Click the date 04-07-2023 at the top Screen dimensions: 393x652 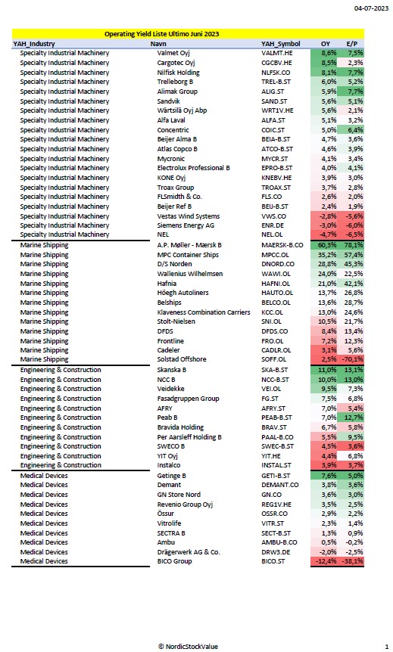point(371,8)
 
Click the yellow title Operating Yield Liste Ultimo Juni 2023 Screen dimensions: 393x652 point(161,34)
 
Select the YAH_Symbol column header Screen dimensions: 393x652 point(281,44)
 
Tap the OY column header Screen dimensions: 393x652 point(326,44)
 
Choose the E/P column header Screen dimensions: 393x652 point(352,44)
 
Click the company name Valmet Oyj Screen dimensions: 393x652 point(173,53)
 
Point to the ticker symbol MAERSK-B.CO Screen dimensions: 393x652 point(282,245)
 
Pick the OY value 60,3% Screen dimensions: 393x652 point(327,245)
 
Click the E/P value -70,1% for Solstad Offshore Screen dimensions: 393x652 point(353,359)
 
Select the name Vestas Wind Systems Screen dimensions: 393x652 point(189,216)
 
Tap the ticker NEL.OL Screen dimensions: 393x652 point(273,234)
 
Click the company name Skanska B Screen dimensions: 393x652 point(172,370)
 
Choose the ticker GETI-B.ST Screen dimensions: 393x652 point(276,476)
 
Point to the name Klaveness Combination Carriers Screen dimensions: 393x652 point(204,312)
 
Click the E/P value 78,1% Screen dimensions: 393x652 point(354,245)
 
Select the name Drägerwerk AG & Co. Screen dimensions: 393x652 point(189,552)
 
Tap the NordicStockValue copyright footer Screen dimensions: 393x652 point(189,646)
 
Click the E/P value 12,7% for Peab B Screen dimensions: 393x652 point(354,418)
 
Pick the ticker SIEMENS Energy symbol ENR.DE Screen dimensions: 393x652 point(273,225)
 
